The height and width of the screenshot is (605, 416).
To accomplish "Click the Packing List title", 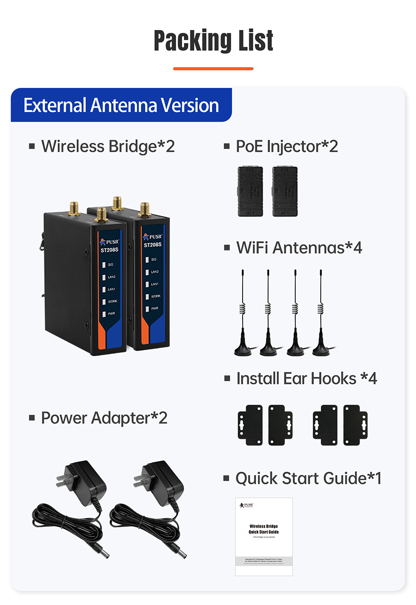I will tap(213, 41).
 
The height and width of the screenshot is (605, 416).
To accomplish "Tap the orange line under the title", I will tap(213, 68).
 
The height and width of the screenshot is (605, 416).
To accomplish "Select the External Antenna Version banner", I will tap(121, 105).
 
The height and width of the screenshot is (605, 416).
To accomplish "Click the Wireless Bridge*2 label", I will tap(108, 146).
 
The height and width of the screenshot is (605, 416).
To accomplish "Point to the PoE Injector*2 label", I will tap(287, 146).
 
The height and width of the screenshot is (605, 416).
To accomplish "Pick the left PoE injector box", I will tap(250, 191).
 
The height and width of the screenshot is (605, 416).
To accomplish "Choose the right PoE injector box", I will tap(284, 191).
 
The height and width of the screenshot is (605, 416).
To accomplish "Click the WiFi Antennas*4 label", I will tap(299, 247).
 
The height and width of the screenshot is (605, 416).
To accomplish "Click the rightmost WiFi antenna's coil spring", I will tap(320, 309).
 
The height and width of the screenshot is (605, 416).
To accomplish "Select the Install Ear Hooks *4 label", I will tap(306, 378).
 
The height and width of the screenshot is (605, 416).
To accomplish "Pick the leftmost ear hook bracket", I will tap(250, 425).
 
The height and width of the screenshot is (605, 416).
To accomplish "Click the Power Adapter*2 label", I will tap(104, 418).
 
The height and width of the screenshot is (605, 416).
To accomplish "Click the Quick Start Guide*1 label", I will tap(308, 478).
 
